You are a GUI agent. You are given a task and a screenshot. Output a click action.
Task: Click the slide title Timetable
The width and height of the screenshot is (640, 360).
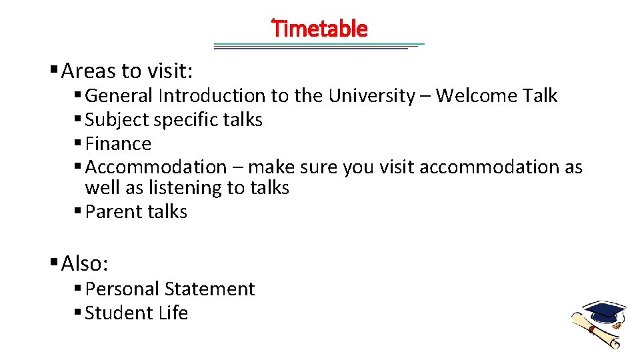pos(320,29)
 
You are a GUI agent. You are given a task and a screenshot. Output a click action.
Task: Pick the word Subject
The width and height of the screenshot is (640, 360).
pos(117,120)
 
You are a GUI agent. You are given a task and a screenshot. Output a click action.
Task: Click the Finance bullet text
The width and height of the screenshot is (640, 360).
pos(119,144)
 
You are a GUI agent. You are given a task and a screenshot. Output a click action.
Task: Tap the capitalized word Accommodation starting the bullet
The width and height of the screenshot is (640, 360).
pos(156,167)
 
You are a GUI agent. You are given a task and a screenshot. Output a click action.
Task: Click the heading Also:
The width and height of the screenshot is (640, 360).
pos(85,264)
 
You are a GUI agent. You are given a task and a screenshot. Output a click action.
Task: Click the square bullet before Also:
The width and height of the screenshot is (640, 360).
pos(53,263)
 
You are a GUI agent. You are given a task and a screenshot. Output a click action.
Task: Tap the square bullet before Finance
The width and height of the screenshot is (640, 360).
pos(78,143)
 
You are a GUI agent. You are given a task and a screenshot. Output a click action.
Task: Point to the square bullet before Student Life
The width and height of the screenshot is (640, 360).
pos(78,313)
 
